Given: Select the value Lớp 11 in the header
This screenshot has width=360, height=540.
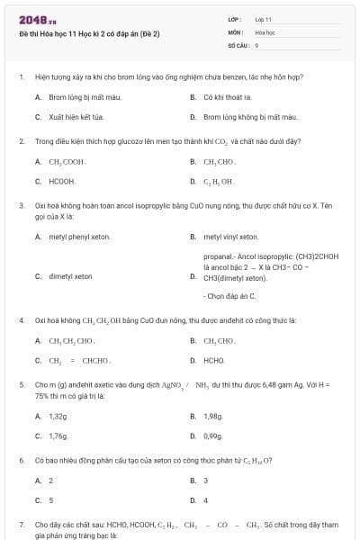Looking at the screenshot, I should click(x=263, y=19).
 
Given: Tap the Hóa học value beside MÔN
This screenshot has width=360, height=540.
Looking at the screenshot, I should click(x=265, y=31).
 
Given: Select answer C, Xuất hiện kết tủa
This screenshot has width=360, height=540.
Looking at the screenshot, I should click(x=76, y=117).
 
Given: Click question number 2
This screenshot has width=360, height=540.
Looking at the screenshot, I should click(x=22, y=141).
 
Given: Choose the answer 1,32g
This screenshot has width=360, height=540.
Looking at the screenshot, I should click(x=58, y=416).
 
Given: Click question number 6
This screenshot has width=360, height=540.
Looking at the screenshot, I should click(x=22, y=460).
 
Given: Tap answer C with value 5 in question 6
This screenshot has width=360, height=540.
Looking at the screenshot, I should click(x=50, y=499).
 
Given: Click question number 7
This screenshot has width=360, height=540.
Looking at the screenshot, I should click(x=22, y=524).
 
